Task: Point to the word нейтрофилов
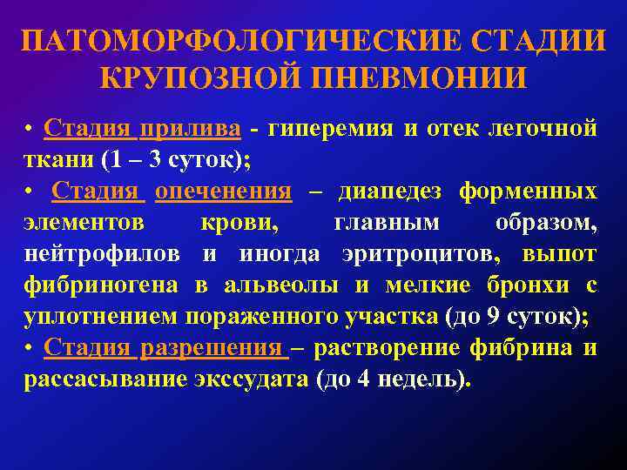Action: pyautogui.click(x=103, y=254)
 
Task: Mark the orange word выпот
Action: pyautogui.click(x=559, y=254)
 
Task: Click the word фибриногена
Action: pyautogui.click(x=101, y=285)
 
